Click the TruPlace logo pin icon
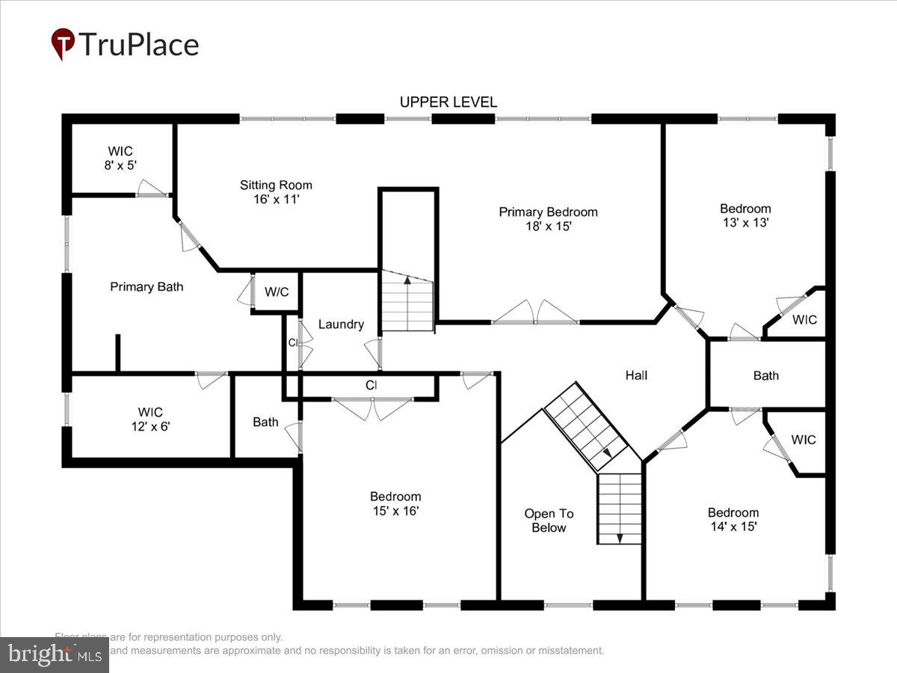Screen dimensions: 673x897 [x=63, y=44]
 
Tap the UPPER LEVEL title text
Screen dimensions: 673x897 [x=448, y=102]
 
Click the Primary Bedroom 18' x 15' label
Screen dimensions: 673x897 [x=548, y=219]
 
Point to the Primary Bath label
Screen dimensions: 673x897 [x=147, y=286]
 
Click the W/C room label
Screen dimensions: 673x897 [x=277, y=292]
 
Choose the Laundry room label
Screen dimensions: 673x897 [x=341, y=324]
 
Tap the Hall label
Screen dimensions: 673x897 [x=636, y=375]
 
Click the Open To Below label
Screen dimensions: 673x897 [x=549, y=520]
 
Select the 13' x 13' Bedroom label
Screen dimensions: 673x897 [x=745, y=215]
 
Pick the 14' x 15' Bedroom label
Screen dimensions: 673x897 [x=733, y=519]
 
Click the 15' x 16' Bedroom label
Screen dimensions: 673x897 [x=395, y=503]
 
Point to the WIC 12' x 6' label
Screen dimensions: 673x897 [x=150, y=419]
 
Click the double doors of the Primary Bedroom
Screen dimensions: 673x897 [x=535, y=313]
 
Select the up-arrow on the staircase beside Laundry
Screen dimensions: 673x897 [x=407, y=282]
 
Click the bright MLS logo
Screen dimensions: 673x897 [x=54, y=655]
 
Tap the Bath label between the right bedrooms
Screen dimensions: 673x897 [x=765, y=375]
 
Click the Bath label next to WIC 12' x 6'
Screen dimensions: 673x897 [x=265, y=422]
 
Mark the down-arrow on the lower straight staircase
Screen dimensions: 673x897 [x=619, y=537]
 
